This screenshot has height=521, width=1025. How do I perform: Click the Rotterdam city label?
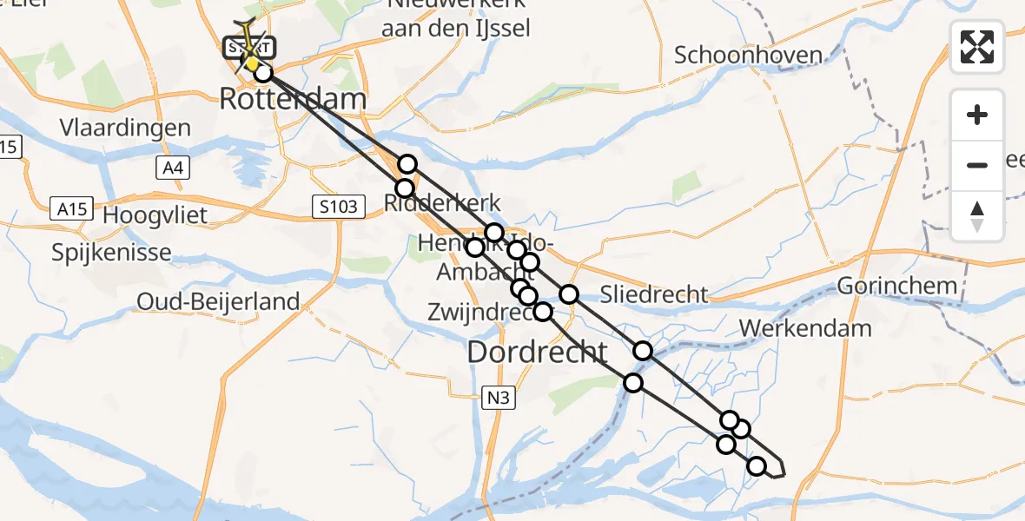click(293, 99)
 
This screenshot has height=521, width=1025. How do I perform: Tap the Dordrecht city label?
click(538, 352)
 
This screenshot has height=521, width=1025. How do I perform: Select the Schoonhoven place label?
click(749, 56)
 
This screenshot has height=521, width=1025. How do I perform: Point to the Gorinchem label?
click(897, 286)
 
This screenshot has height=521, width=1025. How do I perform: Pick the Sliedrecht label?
click(654, 293)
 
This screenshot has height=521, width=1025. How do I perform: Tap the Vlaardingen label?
click(125, 129)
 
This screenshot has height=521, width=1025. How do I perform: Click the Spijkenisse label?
click(111, 254)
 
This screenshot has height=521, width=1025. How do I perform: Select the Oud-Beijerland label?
click(218, 302)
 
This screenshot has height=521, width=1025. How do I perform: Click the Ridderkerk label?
click(443, 204)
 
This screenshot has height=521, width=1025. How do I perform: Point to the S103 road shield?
click(335, 207)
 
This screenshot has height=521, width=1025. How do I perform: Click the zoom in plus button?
click(977, 115)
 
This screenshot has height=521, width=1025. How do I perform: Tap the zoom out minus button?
click(977, 165)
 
